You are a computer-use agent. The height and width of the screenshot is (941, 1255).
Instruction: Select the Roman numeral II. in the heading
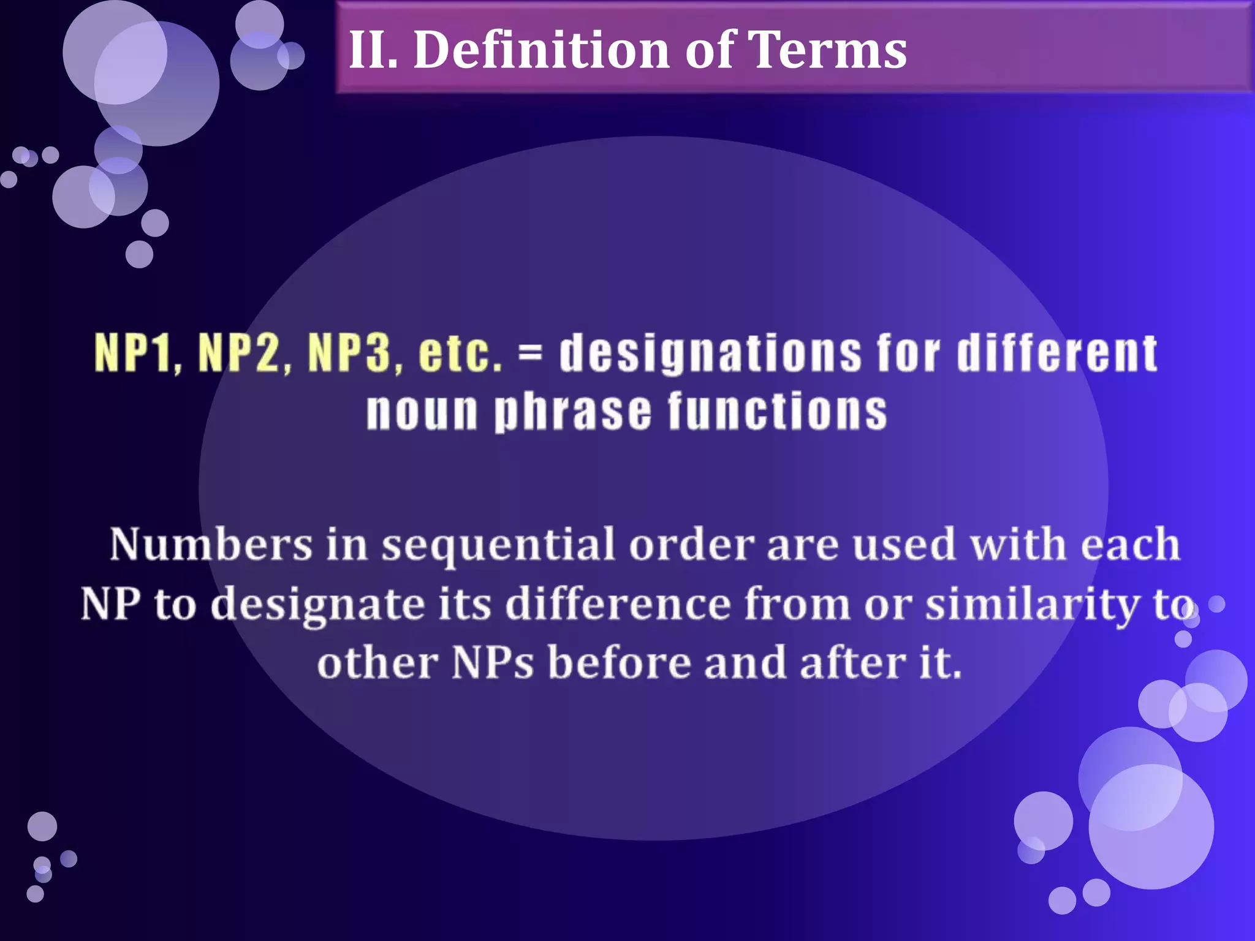[373, 50]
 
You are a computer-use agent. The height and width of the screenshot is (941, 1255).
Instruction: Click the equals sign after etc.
[529, 354]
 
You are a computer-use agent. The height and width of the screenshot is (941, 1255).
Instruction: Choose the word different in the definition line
[1057, 353]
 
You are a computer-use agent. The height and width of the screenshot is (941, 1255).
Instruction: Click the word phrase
[573, 411]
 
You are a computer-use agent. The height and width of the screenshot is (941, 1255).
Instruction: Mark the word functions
[777, 411]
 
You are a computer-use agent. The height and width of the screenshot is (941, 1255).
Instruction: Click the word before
[620, 663]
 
